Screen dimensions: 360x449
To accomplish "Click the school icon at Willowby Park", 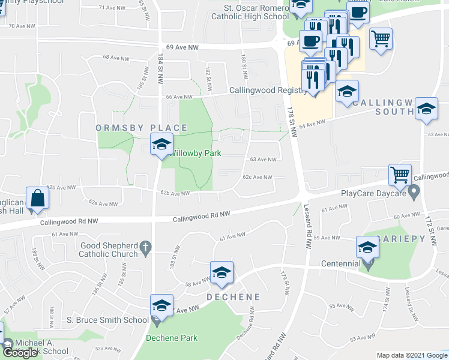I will (161, 145).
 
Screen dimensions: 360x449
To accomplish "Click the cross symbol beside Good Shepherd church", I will (145, 247).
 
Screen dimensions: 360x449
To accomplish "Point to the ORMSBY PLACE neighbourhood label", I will (142, 128).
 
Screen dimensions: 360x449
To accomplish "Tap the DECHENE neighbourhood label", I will (235, 297).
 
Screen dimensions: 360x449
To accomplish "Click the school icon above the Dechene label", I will (221, 272).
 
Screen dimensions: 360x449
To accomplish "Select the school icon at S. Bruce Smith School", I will (161, 305).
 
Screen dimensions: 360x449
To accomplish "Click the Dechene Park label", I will (172, 338).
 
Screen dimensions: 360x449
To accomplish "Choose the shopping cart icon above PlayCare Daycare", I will (400, 175).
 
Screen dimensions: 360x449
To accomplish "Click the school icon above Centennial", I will (367, 247).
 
